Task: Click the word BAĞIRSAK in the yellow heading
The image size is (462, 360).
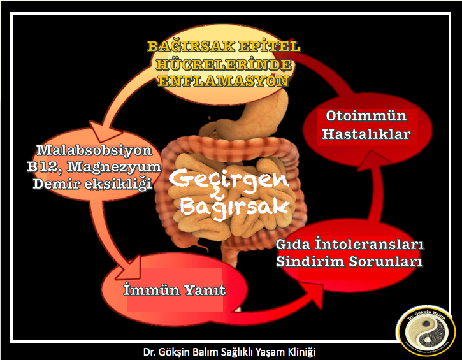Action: coord(191,47)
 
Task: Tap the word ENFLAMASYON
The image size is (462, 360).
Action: coord(223,81)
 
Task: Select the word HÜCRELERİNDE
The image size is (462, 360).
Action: coord(223,64)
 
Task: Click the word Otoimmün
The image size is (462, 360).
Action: coord(366,115)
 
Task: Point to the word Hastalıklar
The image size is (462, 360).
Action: coord(366,134)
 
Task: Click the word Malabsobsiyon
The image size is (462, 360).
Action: coord(94,150)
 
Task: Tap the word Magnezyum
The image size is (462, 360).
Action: coord(114,167)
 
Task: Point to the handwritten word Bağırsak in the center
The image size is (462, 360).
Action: coord(235,207)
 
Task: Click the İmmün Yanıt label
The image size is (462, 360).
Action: coord(175,290)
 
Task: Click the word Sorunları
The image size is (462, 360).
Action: coord(386,261)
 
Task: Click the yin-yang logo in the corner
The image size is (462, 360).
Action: coord(426,331)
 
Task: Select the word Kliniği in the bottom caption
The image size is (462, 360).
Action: coord(301,352)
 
